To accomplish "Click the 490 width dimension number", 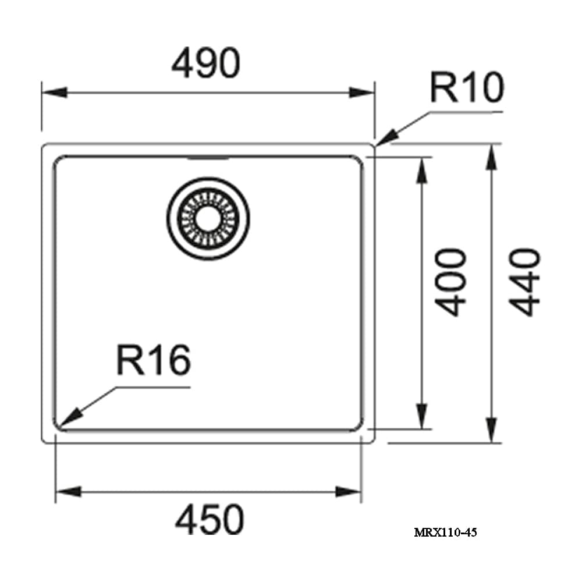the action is tap(206, 63).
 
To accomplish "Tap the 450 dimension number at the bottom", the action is tap(210, 519).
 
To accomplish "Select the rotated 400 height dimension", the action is tap(450, 282).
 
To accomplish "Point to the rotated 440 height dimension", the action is tap(524, 282).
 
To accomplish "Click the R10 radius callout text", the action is tap(467, 87).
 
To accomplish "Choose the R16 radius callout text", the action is tap(154, 360).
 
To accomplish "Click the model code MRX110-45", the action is tap(445, 533).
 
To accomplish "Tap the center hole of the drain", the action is tap(208, 219).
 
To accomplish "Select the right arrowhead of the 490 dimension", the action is tap(362, 93).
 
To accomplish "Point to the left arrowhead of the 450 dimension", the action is tap(68, 492).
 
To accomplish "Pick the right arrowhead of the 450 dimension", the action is tap(349, 492).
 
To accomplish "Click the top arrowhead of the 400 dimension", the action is tap(421, 171).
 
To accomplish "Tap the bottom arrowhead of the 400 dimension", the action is tap(421, 416).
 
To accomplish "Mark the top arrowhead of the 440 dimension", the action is tap(491, 157).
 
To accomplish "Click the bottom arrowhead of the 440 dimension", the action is tap(491, 430).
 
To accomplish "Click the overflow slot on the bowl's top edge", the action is tap(208, 158).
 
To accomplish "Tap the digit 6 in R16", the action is tap(180, 360).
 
